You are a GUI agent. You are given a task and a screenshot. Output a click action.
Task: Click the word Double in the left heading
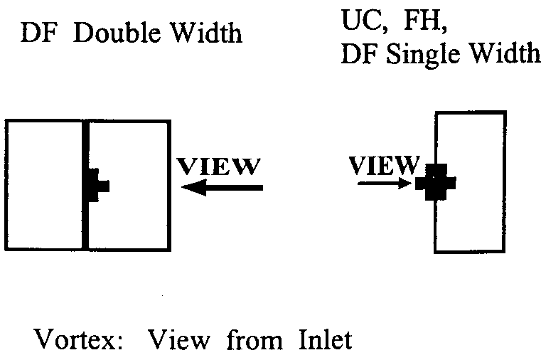pyautogui.click(x=117, y=33)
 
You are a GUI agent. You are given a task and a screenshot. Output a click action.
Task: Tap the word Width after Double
pyautogui.click(x=207, y=33)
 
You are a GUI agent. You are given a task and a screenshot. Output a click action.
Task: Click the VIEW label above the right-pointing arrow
pyautogui.click(x=384, y=165)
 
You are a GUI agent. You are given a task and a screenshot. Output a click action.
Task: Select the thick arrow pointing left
pyautogui.click(x=222, y=188)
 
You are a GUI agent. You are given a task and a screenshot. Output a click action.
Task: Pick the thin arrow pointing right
pyautogui.click(x=385, y=184)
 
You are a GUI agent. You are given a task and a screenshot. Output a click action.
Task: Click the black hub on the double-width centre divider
pyautogui.click(x=97, y=186)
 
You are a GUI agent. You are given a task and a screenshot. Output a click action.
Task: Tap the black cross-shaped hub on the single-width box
pyautogui.click(x=435, y=182)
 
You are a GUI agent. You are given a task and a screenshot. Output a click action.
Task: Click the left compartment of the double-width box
pyautogui.click(x=44, y=185)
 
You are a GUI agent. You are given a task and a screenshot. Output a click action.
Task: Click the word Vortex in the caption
pyautogui.click(x=78, y=339)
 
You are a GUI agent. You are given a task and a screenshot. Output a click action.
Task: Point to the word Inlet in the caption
pyautogui.click(x=326, y=339)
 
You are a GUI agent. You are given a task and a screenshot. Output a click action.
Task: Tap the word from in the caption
pyautogui.click(x=255, y=339)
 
